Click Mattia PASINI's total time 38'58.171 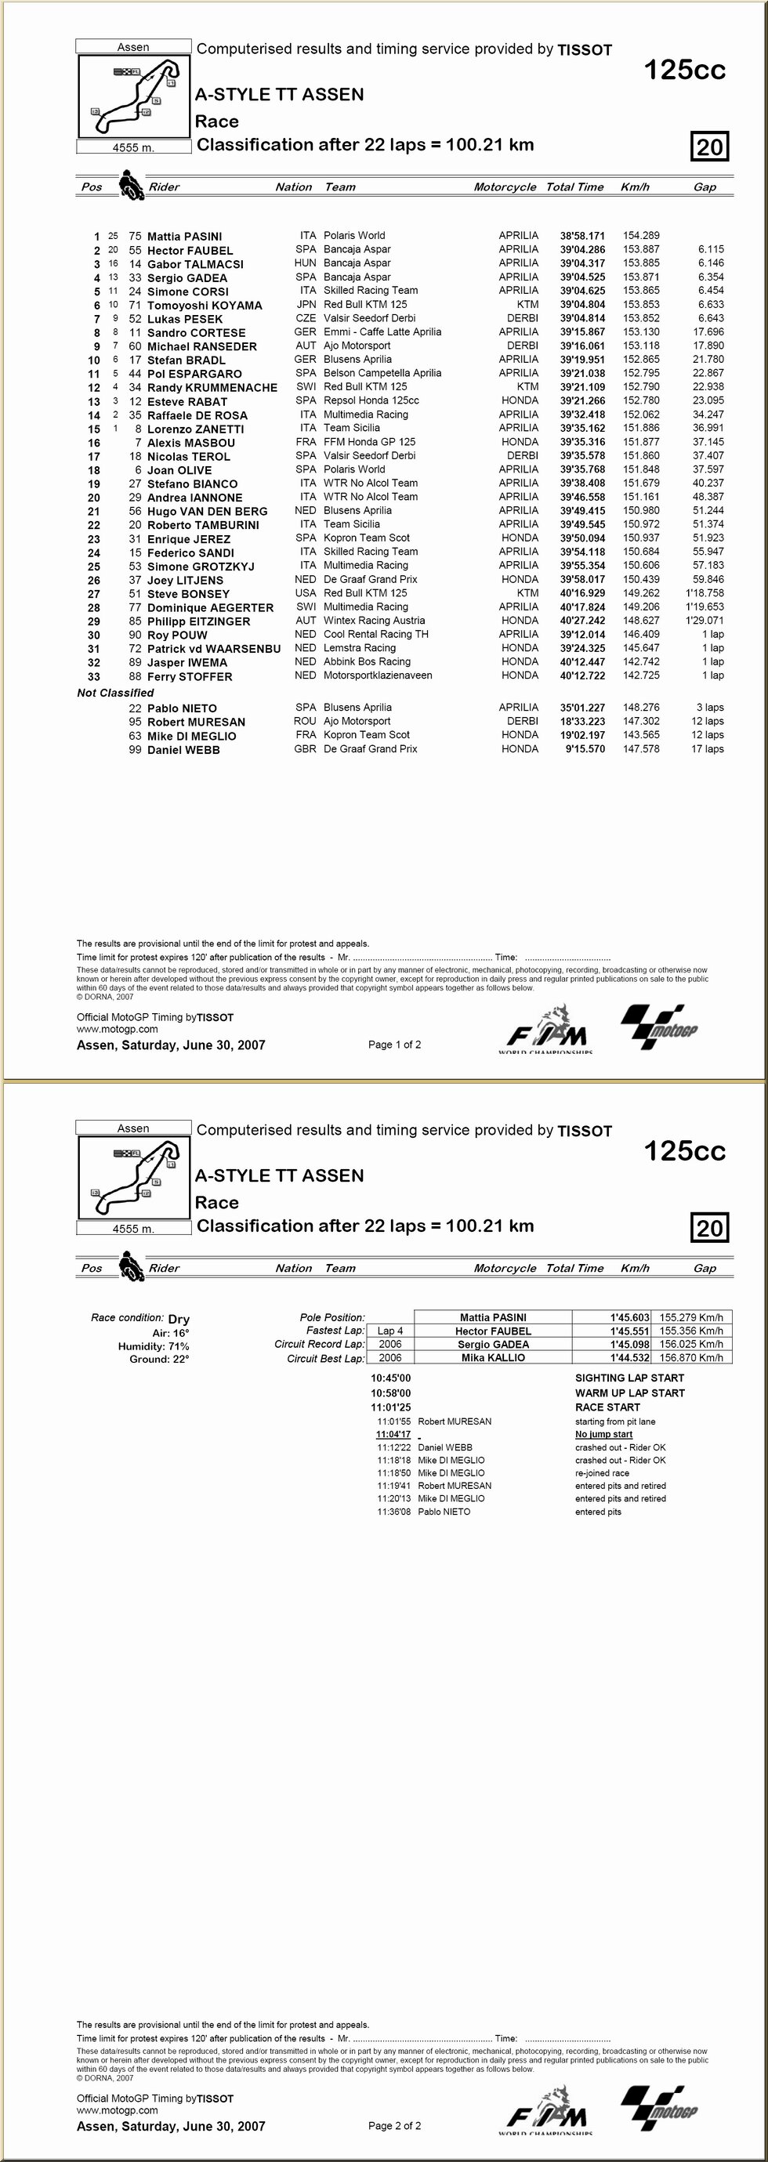[x=581, y=236]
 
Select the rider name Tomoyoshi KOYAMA [x=205, y=306]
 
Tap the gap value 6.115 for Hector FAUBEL [x=710, y=249]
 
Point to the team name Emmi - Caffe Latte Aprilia [x=382, y=331]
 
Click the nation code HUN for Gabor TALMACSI [x=305, y=263]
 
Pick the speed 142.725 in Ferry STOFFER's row [x=640, y=675]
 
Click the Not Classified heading [x=115, y=693]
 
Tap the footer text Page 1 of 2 [x=394, y=1044]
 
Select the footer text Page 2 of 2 [x=394, y=2125]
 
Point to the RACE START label [x=607, y=1407]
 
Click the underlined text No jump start [x=603, y=1434]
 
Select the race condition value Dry [x=179, y=1319]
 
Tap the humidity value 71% [x=178, y=1346]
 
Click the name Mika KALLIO [x=493, y=1357]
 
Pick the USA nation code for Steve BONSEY [x=305, y=592]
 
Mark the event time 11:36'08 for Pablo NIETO [x=393, y=1512]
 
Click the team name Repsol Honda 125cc [x=371, y=400]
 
